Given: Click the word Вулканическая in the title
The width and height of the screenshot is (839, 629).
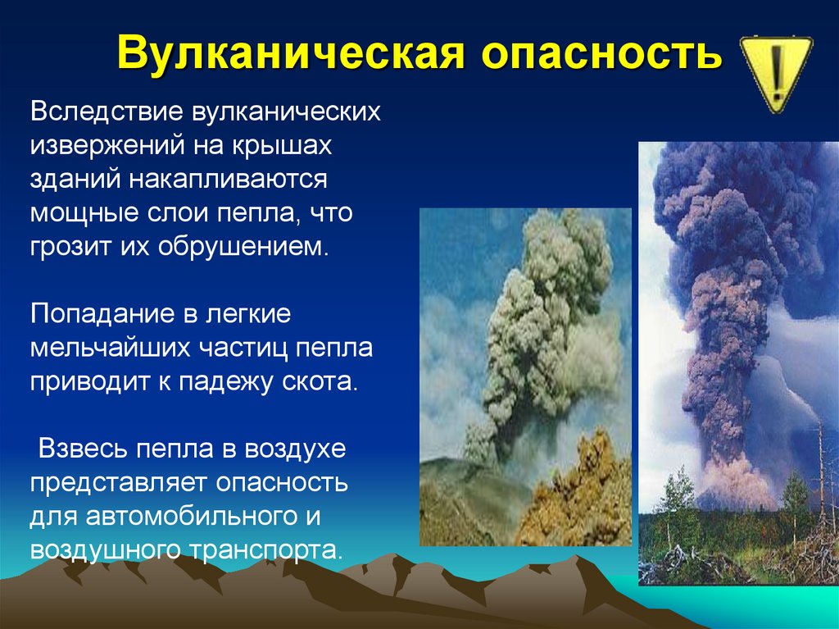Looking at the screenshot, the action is [x=291, y=53].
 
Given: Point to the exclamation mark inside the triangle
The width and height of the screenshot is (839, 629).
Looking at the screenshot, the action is [x=777, y=71].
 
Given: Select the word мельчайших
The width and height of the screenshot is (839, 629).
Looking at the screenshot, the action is [x=111, y=349].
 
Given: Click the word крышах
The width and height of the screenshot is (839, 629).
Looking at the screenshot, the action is [x=282, y=147].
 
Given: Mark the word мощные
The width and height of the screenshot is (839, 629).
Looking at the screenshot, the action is [x=86, y=214].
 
